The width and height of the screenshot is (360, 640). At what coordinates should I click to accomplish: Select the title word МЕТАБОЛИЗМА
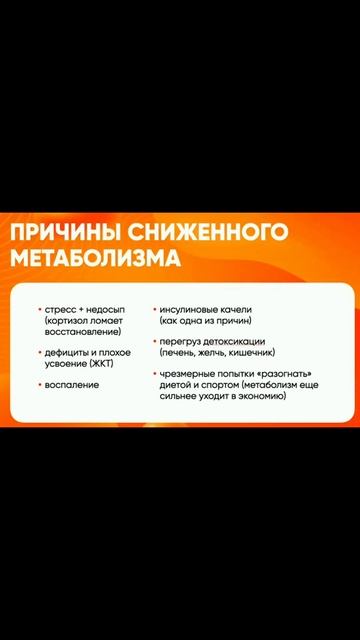click(x=96, y=260)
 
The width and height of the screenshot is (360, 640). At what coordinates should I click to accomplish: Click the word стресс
click(x=60, y=310)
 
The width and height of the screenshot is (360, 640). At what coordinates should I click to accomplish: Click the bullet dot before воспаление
click(x=39, y=385)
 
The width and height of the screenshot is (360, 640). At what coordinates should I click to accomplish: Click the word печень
click(x=179, y=353)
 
